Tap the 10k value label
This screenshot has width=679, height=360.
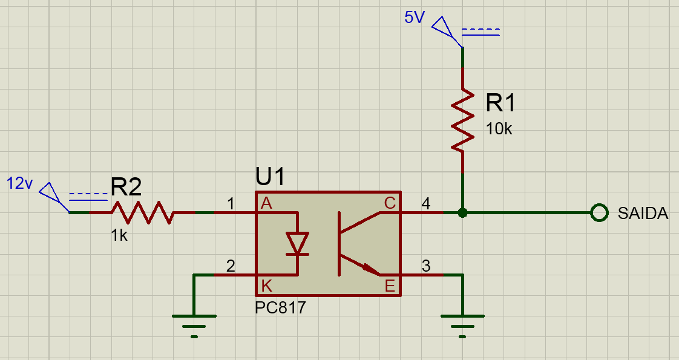click(x=499, y=128)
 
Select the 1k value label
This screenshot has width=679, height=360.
click(x=119, y=236)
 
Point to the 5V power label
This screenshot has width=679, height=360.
click(x=415, y=18)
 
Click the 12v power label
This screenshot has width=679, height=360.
click(x=19, y=183)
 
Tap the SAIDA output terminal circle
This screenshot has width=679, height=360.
click(x=599, y=213)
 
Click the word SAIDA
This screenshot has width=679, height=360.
click(x=643, y=214)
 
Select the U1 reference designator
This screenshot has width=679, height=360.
click(x=271, y=177)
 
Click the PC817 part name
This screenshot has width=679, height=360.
click(x=281, y=308)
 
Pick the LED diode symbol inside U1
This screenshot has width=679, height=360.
click(x=297, y=243)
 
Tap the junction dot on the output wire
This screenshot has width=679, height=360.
click(x=463, y=213)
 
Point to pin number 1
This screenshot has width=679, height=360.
click(x=231, y=205)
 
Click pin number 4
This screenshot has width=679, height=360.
click(x=425, y=205)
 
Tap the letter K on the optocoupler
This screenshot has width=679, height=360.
click(x=266, y=285)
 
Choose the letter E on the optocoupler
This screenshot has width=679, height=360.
click(x=390, y=285)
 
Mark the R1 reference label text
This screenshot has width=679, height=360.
click(x=501, y=104)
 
